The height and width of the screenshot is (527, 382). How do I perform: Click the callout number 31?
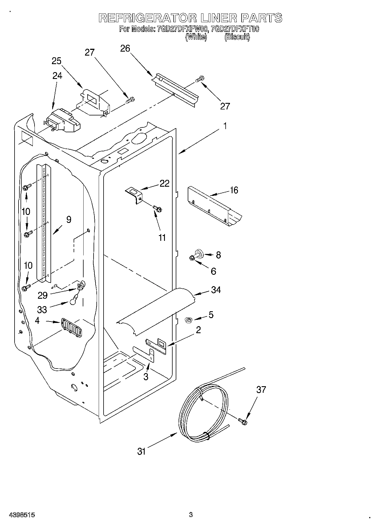142,451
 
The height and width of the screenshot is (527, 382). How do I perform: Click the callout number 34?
216,290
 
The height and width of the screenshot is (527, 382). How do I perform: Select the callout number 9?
68,219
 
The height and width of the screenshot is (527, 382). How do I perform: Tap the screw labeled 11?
157,209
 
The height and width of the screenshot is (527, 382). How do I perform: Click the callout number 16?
234,190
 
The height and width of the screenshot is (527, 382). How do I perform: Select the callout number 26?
125,48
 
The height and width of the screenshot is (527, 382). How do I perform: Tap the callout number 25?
56,61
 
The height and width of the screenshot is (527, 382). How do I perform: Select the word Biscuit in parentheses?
237,37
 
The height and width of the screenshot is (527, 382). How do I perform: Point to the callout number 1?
225,126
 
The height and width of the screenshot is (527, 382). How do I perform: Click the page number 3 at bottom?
191,515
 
